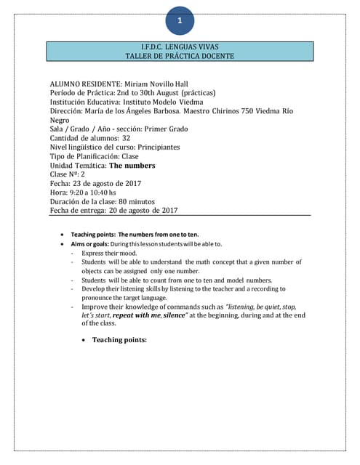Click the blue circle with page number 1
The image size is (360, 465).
pyautogui.click(x=180, y=22)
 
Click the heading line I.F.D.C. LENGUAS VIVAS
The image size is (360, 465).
pyautogui.click(x=180, y=46)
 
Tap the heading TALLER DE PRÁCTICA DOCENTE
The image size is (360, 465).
pyautogui.click(x=180, y=56)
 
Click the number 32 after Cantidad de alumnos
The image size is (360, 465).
pyautogui.click(x=127, y=138)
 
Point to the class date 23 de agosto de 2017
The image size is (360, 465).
pyautogui.click(x=108, y=184)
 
